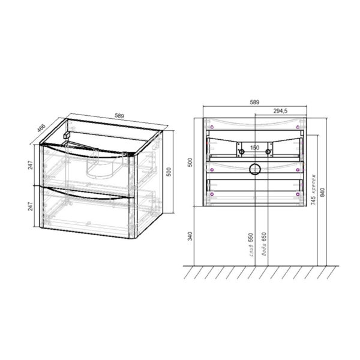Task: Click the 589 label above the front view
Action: coord(254,103)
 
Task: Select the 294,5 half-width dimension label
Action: coord(282,111)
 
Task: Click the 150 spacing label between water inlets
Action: coord(254,148)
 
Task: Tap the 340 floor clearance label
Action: coord(190,235)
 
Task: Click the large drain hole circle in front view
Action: coord(254,169)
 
